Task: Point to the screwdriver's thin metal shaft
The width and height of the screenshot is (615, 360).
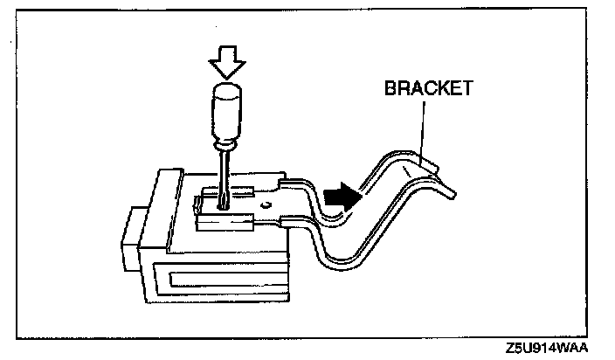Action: [x=225, y=175]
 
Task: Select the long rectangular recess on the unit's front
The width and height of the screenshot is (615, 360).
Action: [x=228, y=281]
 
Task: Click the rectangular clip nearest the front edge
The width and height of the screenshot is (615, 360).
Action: [x=225, y=224]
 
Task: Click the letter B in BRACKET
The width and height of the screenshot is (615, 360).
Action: [x=390, y=88]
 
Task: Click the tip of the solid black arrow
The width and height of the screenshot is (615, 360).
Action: [x=359, y=195]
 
